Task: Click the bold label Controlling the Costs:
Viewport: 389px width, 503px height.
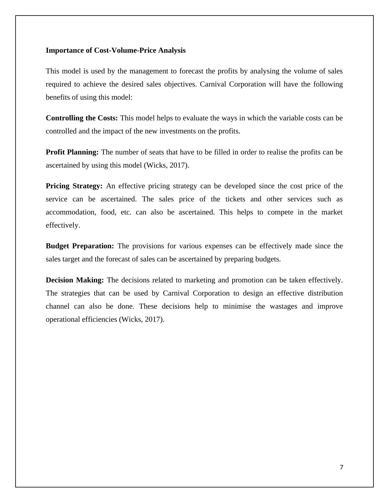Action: tap(82, 118)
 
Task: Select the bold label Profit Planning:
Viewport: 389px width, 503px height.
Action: tap(72, 152)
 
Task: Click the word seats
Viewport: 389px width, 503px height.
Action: tap(157, 152)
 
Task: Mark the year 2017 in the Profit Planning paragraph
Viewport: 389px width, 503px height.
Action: tap(178, 165)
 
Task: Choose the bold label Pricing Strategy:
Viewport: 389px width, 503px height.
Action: tap(74, 186)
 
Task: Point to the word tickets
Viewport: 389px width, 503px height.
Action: tap(235, 199)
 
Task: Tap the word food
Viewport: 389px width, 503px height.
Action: tap(108, 212)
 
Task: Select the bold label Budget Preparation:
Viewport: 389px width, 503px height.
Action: tap(80, 246)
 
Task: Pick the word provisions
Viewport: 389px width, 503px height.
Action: tap(148, 246)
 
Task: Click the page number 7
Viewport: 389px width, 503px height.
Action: tap(341, 468)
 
